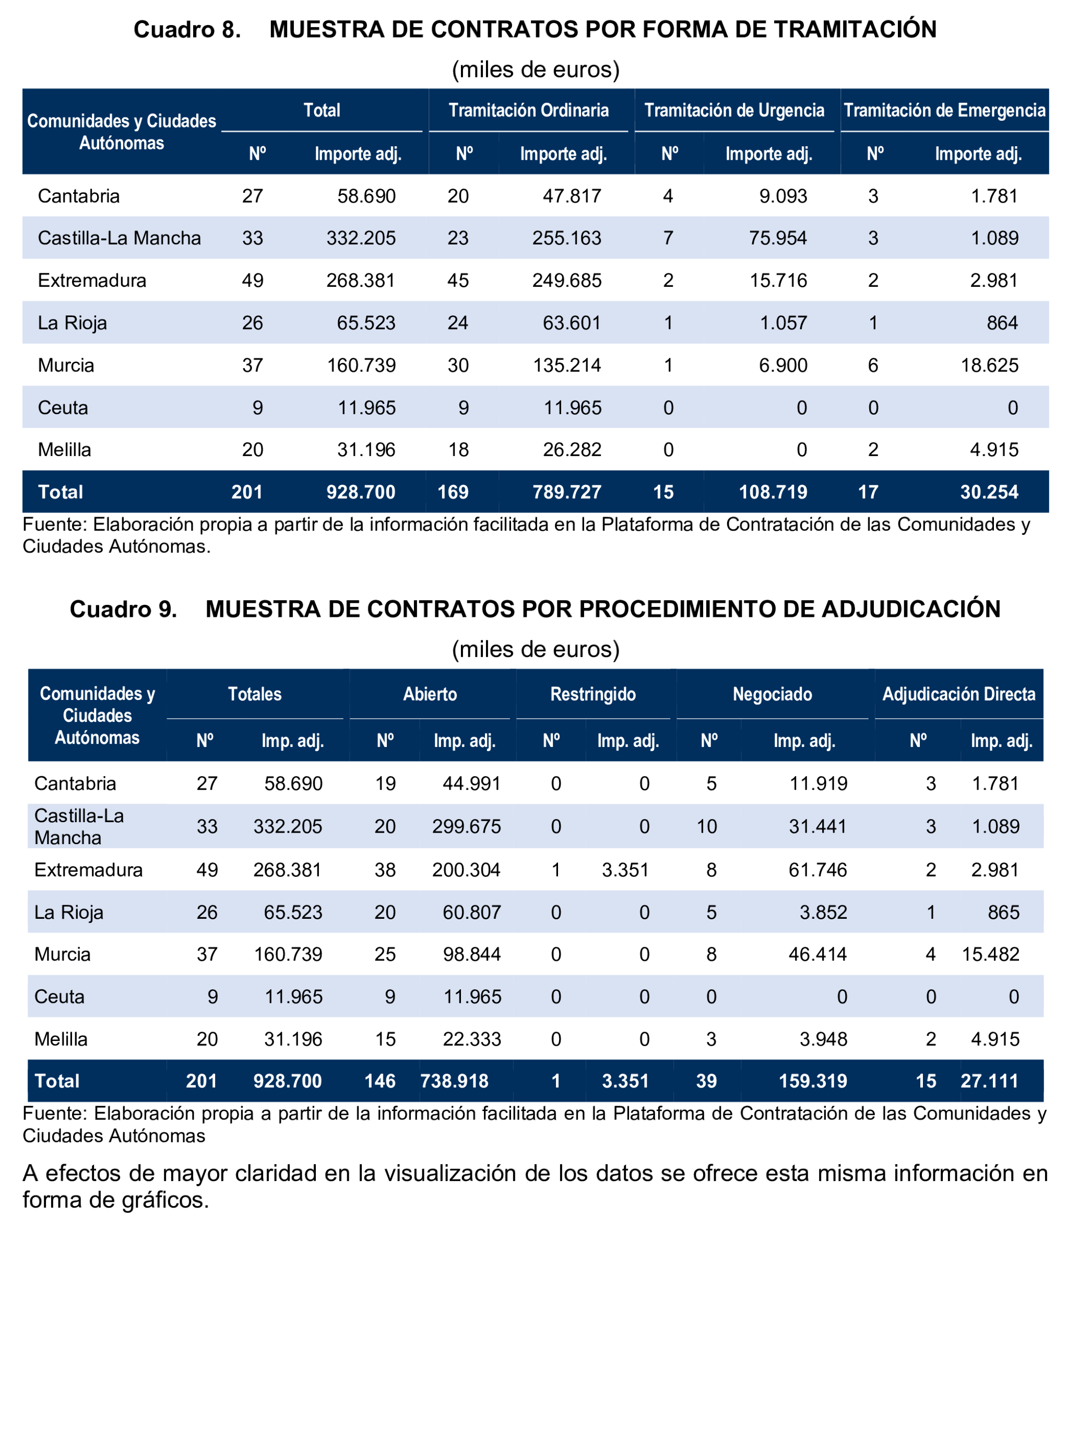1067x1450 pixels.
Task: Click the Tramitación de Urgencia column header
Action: (x=734, y=111)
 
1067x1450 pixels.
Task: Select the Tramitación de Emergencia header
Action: (x=944, y=111)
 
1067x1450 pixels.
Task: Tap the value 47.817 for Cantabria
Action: (x=572, y=196)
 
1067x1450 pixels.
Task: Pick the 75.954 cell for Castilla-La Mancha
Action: (x=778, y=238)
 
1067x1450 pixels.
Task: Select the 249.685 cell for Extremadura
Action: (x=566, y=280)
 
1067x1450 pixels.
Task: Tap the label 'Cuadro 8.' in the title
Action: (x=187, y=30)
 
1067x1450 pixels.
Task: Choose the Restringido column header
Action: (x=593, y=694)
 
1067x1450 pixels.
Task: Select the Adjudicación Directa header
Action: (x=958, y=694)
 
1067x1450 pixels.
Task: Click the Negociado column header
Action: (x=772, y=694)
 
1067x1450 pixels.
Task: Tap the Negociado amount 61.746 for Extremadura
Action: (x=817, y=870)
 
